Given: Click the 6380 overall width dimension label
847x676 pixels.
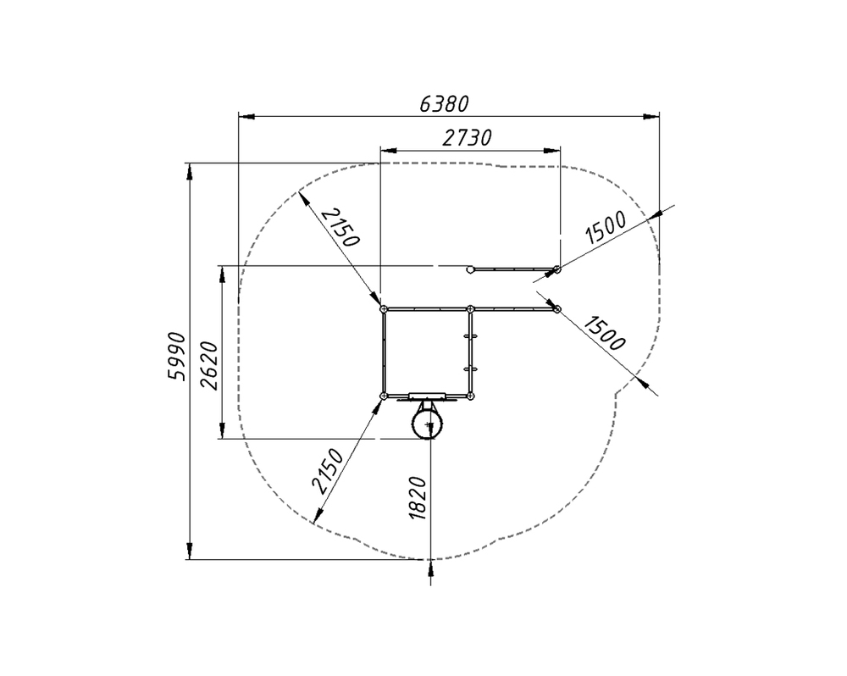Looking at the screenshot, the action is pos(444,103).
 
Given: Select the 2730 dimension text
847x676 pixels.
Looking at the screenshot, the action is pos(468,138).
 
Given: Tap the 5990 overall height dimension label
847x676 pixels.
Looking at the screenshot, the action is pos(177,357).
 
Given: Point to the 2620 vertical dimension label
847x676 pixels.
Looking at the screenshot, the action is pos(209,366).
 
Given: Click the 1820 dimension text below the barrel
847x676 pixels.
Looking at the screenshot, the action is pos(418,498).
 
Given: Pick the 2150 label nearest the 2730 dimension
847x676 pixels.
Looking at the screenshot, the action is pos(340,227).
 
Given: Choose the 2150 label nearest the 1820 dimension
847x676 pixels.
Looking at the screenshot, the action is pos(328,471).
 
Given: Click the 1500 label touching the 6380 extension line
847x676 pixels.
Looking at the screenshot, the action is pos(606,227).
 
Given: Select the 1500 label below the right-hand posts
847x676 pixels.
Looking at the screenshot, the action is pos(605,334).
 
